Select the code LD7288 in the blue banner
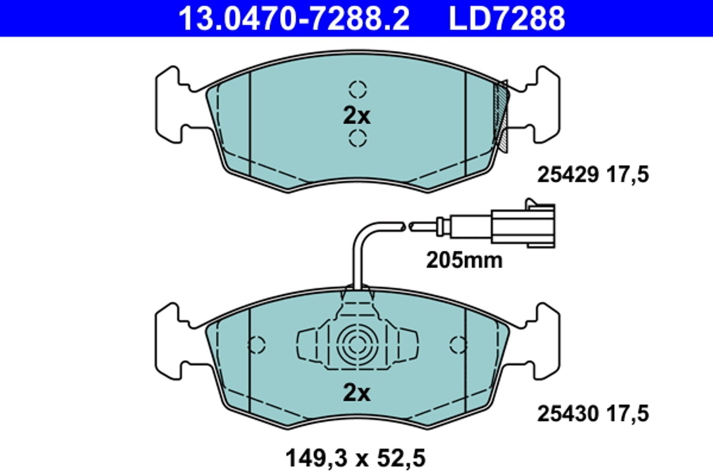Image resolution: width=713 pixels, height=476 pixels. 507,18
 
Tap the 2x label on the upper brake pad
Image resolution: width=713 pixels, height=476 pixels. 356,116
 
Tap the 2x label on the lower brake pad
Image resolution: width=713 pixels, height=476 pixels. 356,393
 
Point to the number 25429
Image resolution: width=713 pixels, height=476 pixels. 568,174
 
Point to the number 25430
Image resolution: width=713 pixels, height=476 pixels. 568,414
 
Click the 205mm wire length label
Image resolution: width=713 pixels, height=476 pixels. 464,260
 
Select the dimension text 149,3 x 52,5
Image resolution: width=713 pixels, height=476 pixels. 356,458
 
